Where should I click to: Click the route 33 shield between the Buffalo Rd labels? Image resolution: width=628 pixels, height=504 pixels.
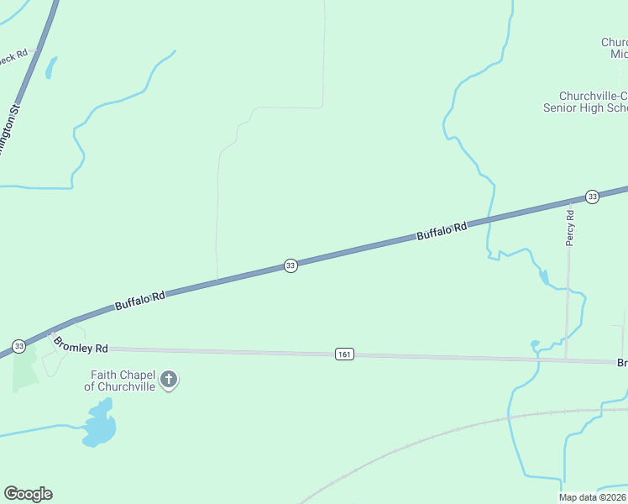290,265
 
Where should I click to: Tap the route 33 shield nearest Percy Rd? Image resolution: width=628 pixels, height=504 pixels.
592,197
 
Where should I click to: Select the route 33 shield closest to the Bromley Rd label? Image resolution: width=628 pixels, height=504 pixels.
18,345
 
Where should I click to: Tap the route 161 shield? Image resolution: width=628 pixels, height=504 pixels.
343,354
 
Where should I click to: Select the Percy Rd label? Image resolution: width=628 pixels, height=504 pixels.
570,227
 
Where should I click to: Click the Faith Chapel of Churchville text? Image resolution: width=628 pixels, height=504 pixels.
123,381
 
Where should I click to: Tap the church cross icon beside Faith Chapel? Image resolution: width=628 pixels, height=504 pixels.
169,381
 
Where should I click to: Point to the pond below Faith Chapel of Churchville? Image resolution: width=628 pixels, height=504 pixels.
99,425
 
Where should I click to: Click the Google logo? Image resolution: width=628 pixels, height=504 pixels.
28,494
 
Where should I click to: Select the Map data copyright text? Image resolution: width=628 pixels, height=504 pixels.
593,497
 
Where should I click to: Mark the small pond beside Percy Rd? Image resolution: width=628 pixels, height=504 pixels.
544,276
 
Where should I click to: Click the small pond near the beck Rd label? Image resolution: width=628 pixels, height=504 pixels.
51,66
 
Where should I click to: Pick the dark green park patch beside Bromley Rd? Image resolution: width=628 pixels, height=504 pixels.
24,370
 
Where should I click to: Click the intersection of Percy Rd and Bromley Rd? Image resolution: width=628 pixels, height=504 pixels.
566,360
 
